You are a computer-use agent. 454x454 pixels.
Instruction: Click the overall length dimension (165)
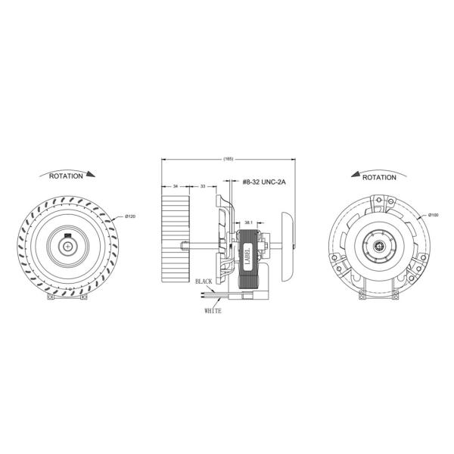(x=229, y=159)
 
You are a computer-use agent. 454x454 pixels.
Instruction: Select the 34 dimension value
(x=176, y=185)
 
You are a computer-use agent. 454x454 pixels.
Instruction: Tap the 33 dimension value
(x=203, y=185)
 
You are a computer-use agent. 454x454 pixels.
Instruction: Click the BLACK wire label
(x=204, y=281)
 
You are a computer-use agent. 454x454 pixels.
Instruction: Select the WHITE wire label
(x=213, y=310)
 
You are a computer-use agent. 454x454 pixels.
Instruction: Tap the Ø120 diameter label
(x=129, y=218)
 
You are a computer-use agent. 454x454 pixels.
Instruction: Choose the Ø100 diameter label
(x=434, y=216)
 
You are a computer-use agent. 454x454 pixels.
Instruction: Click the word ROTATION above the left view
(x=66, y=176)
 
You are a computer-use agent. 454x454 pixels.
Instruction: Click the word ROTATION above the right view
(x=379, y=177)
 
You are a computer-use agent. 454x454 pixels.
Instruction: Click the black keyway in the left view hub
(x=67, y=243)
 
